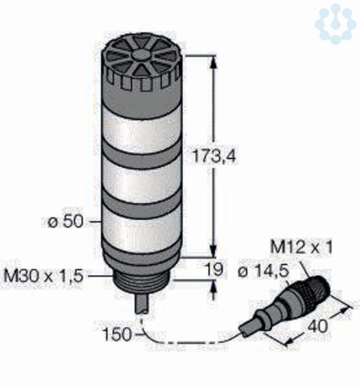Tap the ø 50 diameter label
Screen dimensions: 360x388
65,221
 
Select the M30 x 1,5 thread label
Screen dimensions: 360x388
43,275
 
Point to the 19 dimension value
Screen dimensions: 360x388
214,269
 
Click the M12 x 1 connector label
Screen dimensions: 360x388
301,247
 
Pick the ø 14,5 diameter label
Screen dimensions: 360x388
264,272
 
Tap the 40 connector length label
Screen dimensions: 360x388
318,326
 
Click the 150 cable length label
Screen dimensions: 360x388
117,334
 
